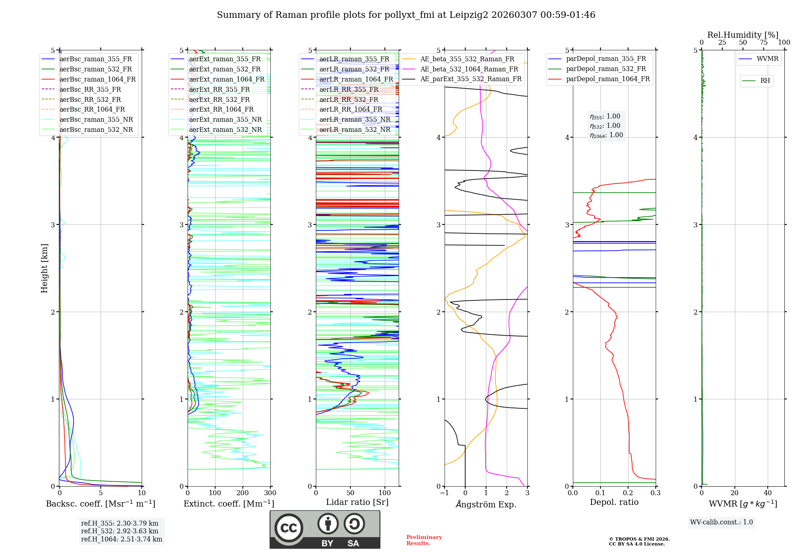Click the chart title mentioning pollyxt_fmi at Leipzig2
pos(406,15)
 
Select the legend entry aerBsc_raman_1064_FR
pos(97,79)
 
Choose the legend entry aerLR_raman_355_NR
pos(354,119)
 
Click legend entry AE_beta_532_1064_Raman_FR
pos(469,69)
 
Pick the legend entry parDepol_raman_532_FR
pos(606,69)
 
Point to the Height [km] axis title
pos(44,268)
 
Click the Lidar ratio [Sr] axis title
pos(357,502)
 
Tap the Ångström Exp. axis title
pos(486,504)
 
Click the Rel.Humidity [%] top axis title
pos(743,35)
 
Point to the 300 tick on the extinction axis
pos(270,493)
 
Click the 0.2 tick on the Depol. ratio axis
pos(628,493)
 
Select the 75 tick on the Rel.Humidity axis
pos(763,43)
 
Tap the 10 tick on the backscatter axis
pos(141,493)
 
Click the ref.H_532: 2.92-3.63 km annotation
pos(119,531)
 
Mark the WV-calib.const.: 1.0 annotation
pos(721,522)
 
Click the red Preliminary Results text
pos(424,540)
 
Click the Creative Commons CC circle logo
pos(289,528)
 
